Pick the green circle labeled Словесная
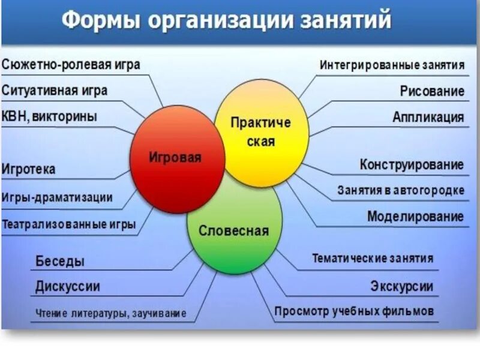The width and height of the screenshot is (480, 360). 234,231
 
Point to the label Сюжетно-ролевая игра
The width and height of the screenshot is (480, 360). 71,65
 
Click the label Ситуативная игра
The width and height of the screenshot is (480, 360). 55,91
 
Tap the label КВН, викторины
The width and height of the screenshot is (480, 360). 49,116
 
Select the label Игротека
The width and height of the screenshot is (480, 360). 29,169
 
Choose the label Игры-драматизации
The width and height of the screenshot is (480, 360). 57,197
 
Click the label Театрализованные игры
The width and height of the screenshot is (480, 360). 68,225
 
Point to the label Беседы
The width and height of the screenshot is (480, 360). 60,262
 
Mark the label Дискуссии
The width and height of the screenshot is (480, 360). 68,287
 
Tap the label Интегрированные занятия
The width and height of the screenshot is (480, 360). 392,65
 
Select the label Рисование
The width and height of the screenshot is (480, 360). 432,91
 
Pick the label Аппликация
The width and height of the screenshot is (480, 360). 428,117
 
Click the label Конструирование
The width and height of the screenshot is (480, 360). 412,164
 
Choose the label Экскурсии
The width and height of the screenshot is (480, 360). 401,287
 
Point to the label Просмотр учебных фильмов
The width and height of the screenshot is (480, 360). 354,312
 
